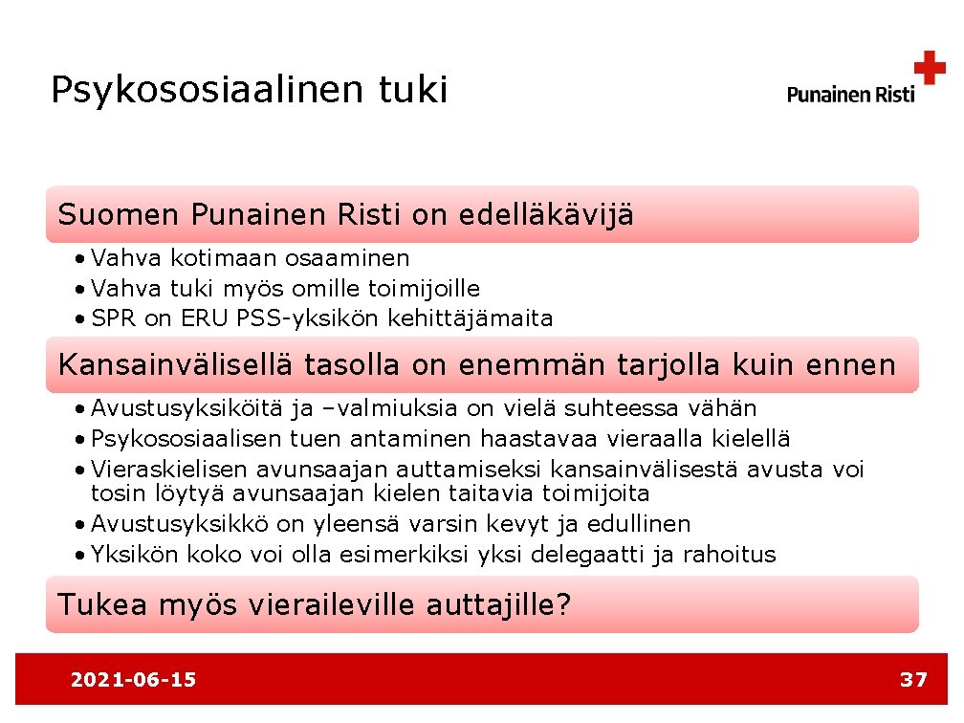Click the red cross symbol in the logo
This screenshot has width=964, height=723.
pyautogui.click(x=929, y=69)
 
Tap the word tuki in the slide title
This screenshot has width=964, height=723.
pyautogui.click(x=413, y=90)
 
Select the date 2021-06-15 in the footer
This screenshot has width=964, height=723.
pyautogui.click(x=133, y=680)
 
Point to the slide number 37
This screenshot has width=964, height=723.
pyautogui.click(x=913, y=680)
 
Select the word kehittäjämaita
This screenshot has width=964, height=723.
pyautogui.click(x=471, y=319)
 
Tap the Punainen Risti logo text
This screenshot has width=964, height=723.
pyautogui.click(x=850, y=94)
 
